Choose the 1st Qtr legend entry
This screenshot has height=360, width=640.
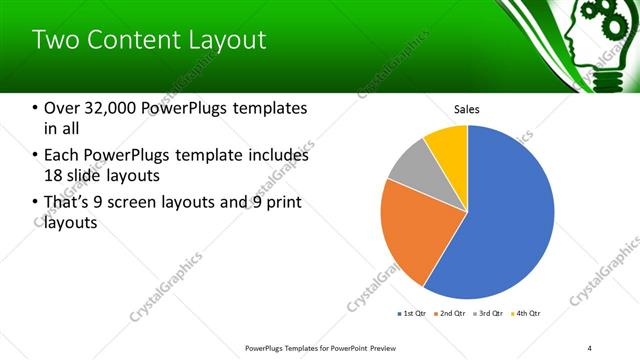point(413,314)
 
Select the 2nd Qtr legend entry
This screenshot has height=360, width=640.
point(451,314)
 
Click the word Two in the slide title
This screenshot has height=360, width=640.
point(52,41)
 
